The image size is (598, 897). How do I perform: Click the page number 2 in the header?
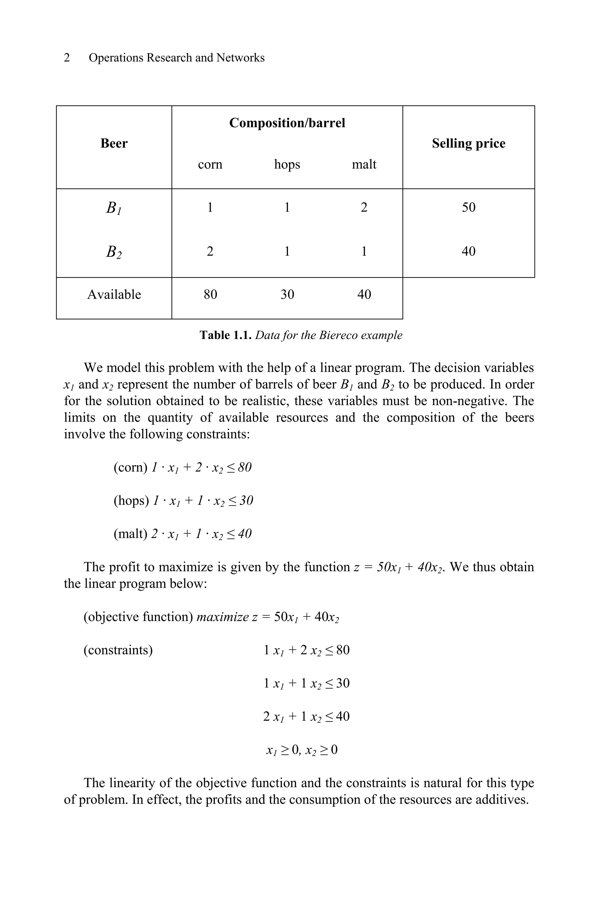[67, 58]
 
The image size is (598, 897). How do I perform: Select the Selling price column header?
[468, 143]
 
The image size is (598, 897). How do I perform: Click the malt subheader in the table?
[364, 164]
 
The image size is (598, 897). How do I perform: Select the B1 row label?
[114, 208]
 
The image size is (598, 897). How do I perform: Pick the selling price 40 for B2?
[468, 251]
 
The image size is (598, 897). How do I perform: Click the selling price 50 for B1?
[468, 208]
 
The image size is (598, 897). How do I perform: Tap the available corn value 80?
[210, 294]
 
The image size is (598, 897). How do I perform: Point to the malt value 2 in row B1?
[364, 208]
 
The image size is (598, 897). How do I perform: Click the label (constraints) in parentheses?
[118, 650]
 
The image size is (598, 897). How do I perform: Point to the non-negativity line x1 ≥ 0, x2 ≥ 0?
[302, 750]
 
